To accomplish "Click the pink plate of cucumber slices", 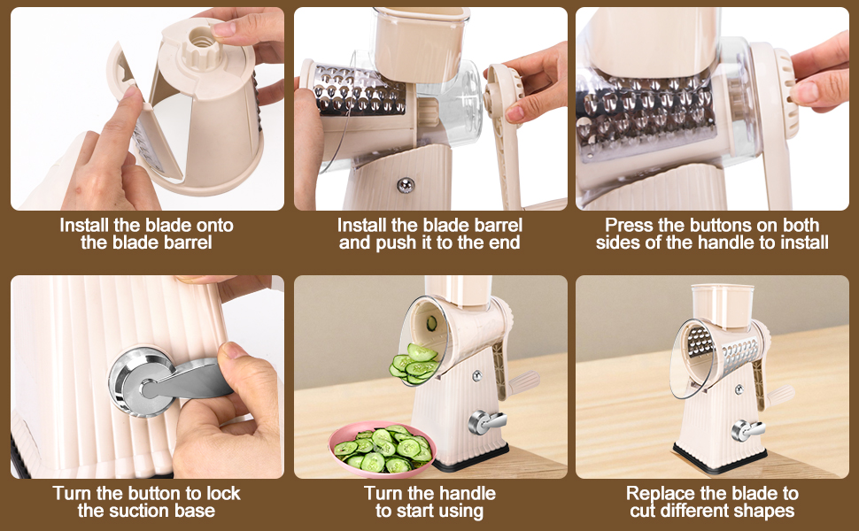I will pos(382,449).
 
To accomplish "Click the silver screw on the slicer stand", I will pos(405,184).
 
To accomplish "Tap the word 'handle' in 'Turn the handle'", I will pos(465,493).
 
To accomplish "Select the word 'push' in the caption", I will pos(384,242).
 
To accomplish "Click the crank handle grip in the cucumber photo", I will pos(522,381).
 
